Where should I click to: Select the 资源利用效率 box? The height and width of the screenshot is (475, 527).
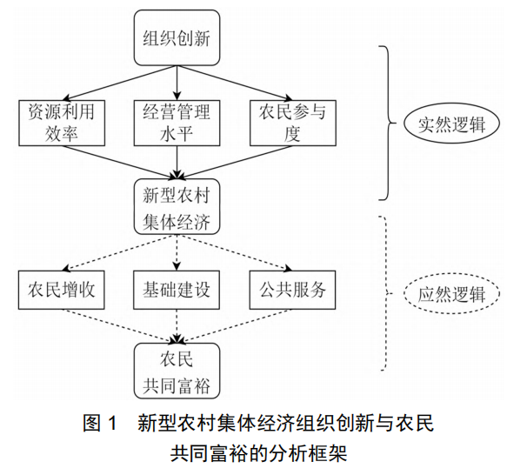point(61,123)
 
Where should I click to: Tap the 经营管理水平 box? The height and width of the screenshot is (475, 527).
point(177,123)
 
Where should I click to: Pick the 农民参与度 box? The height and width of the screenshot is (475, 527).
point(291,123)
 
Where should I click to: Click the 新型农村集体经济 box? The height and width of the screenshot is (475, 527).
point(177,205)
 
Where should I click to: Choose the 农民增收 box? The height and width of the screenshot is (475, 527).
point(61,291)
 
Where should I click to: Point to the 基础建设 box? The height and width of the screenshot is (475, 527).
point(177,291)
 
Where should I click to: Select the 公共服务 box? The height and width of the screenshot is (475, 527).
point(291,291)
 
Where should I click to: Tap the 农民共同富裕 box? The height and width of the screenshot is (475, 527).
point(177,371)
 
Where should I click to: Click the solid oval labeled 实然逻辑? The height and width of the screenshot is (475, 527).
point(450,124)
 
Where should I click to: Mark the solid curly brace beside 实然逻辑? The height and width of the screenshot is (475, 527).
point(386,122)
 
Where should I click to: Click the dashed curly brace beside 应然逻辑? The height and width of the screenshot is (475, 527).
point(386,292)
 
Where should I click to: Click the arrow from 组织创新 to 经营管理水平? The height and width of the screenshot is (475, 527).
point(177,80)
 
